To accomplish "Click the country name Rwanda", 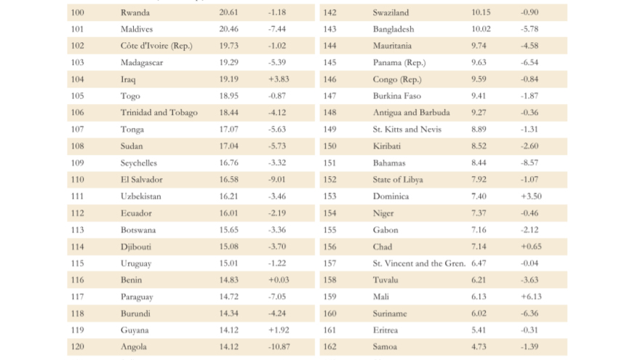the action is point(135,12).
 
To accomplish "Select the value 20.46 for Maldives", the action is point(228,29).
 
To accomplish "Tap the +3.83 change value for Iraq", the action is point(279,79).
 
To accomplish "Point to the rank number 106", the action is point(78,112).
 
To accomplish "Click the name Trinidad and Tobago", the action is point(159,112).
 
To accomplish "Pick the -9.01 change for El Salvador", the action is point(277,180).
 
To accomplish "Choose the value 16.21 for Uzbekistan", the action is point(228,196).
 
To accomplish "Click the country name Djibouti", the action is point(135,247).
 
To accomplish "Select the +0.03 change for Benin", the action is point(279,280).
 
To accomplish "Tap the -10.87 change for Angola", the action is point(279,347).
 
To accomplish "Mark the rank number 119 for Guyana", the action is point(78,330).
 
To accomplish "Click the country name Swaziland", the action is point(391,12).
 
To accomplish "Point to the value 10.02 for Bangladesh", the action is point(481,29).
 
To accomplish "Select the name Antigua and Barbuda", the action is point(411,113).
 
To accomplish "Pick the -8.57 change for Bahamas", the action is point(529,163).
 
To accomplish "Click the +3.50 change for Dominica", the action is point(531,196).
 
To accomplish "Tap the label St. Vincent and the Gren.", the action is point(419,263).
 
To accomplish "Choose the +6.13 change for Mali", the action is point(531,297).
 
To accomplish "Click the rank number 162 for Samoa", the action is point(329,347).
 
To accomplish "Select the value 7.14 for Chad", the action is point(479,247).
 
